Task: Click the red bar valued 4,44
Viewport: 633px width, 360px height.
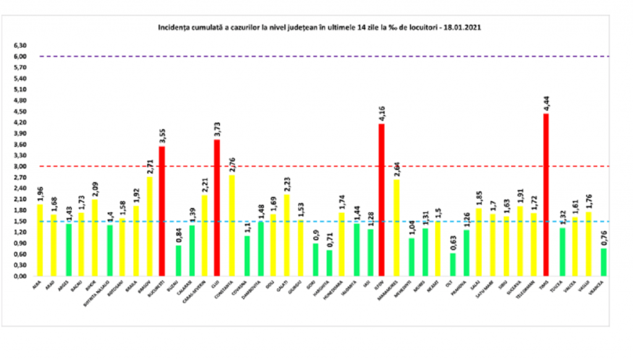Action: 546,195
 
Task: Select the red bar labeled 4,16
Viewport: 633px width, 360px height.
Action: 381,200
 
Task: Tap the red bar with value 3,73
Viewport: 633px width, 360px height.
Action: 217,208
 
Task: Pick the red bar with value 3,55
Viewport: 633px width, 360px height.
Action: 162,211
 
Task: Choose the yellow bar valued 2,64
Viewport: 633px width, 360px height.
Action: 396,228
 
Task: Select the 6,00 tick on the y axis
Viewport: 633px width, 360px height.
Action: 21,56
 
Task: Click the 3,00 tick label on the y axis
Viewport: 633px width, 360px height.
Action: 21,166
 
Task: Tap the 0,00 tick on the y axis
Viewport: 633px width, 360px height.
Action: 21,276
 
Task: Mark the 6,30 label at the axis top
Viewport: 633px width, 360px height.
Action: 21,46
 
